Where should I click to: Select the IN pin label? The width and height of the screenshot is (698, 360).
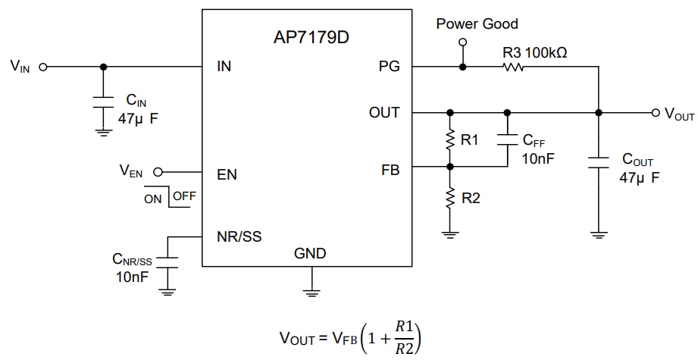224,67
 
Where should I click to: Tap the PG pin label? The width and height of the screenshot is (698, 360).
390,67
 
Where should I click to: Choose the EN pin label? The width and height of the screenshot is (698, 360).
227,174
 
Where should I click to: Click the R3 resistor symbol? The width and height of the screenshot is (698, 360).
513,67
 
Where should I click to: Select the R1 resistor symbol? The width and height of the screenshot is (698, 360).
450,140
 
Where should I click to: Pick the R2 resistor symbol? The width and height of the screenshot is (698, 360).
450,199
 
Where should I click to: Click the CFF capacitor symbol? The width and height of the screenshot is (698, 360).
506,139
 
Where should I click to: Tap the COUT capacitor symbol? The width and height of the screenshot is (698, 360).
599,161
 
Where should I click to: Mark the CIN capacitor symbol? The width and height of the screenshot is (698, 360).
102,104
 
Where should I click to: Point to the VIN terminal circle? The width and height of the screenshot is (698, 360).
43,67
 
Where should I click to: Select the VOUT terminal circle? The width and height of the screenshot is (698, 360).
656,113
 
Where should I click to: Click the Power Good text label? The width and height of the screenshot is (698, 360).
477,24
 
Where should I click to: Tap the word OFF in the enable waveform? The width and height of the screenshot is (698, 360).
184,196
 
